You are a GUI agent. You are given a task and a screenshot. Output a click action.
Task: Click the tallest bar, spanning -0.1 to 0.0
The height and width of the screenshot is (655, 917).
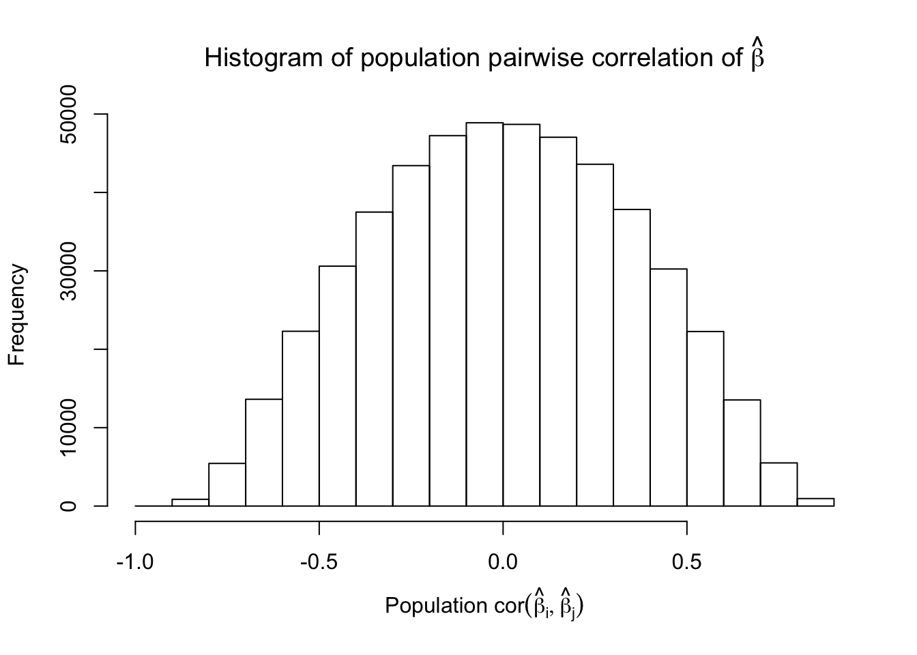(484, 314)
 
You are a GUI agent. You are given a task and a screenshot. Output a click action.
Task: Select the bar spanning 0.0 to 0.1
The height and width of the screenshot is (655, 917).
(521, 315)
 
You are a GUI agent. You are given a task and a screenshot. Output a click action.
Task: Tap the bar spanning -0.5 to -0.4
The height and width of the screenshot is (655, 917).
(338, 385)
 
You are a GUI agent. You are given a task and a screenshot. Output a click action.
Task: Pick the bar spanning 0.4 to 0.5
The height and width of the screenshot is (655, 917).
(669, 388)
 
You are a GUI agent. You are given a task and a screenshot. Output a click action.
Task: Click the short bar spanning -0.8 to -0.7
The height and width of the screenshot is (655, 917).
(227, 484)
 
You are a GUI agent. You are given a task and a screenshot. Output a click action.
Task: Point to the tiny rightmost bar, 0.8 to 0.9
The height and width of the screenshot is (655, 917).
(815, 502)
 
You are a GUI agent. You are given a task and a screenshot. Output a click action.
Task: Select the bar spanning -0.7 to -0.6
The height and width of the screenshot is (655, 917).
(264, 452)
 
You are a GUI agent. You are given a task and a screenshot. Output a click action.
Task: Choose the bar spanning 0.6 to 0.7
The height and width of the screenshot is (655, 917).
(742, 453)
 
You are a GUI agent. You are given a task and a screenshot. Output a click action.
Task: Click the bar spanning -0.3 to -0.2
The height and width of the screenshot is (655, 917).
(411, 336)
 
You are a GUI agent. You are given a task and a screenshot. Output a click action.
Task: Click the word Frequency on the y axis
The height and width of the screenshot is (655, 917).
(17, 315)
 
